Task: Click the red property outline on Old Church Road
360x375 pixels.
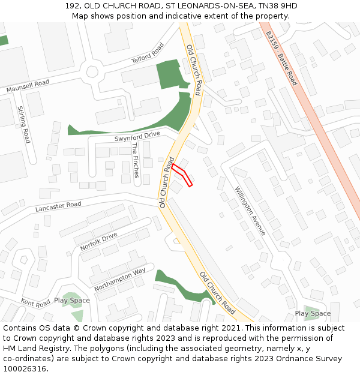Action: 182,175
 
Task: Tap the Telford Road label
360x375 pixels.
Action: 148,52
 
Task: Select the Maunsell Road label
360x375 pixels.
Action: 27,86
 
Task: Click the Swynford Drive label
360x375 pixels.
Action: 137,136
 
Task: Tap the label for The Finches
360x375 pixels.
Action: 135,160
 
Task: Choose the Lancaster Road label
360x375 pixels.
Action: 58,206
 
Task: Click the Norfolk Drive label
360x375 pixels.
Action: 98,242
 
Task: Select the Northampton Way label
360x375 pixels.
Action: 120,279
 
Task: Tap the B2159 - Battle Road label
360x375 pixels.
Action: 281,58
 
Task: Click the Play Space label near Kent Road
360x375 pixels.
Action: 72,300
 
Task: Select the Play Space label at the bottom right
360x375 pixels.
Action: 313,313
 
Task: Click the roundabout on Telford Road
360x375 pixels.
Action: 92,71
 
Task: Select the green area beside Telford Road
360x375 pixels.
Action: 170,74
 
